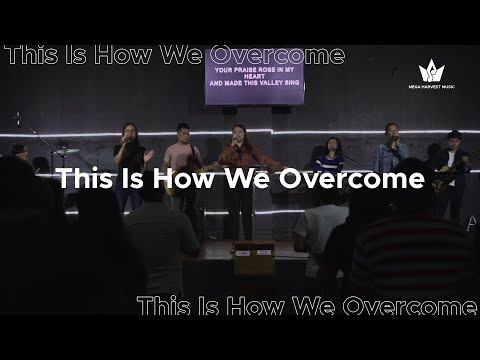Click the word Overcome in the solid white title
pos(364,180)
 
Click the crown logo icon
pos(430,71)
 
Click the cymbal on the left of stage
pos(66,151)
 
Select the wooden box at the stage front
pos(254,258)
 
